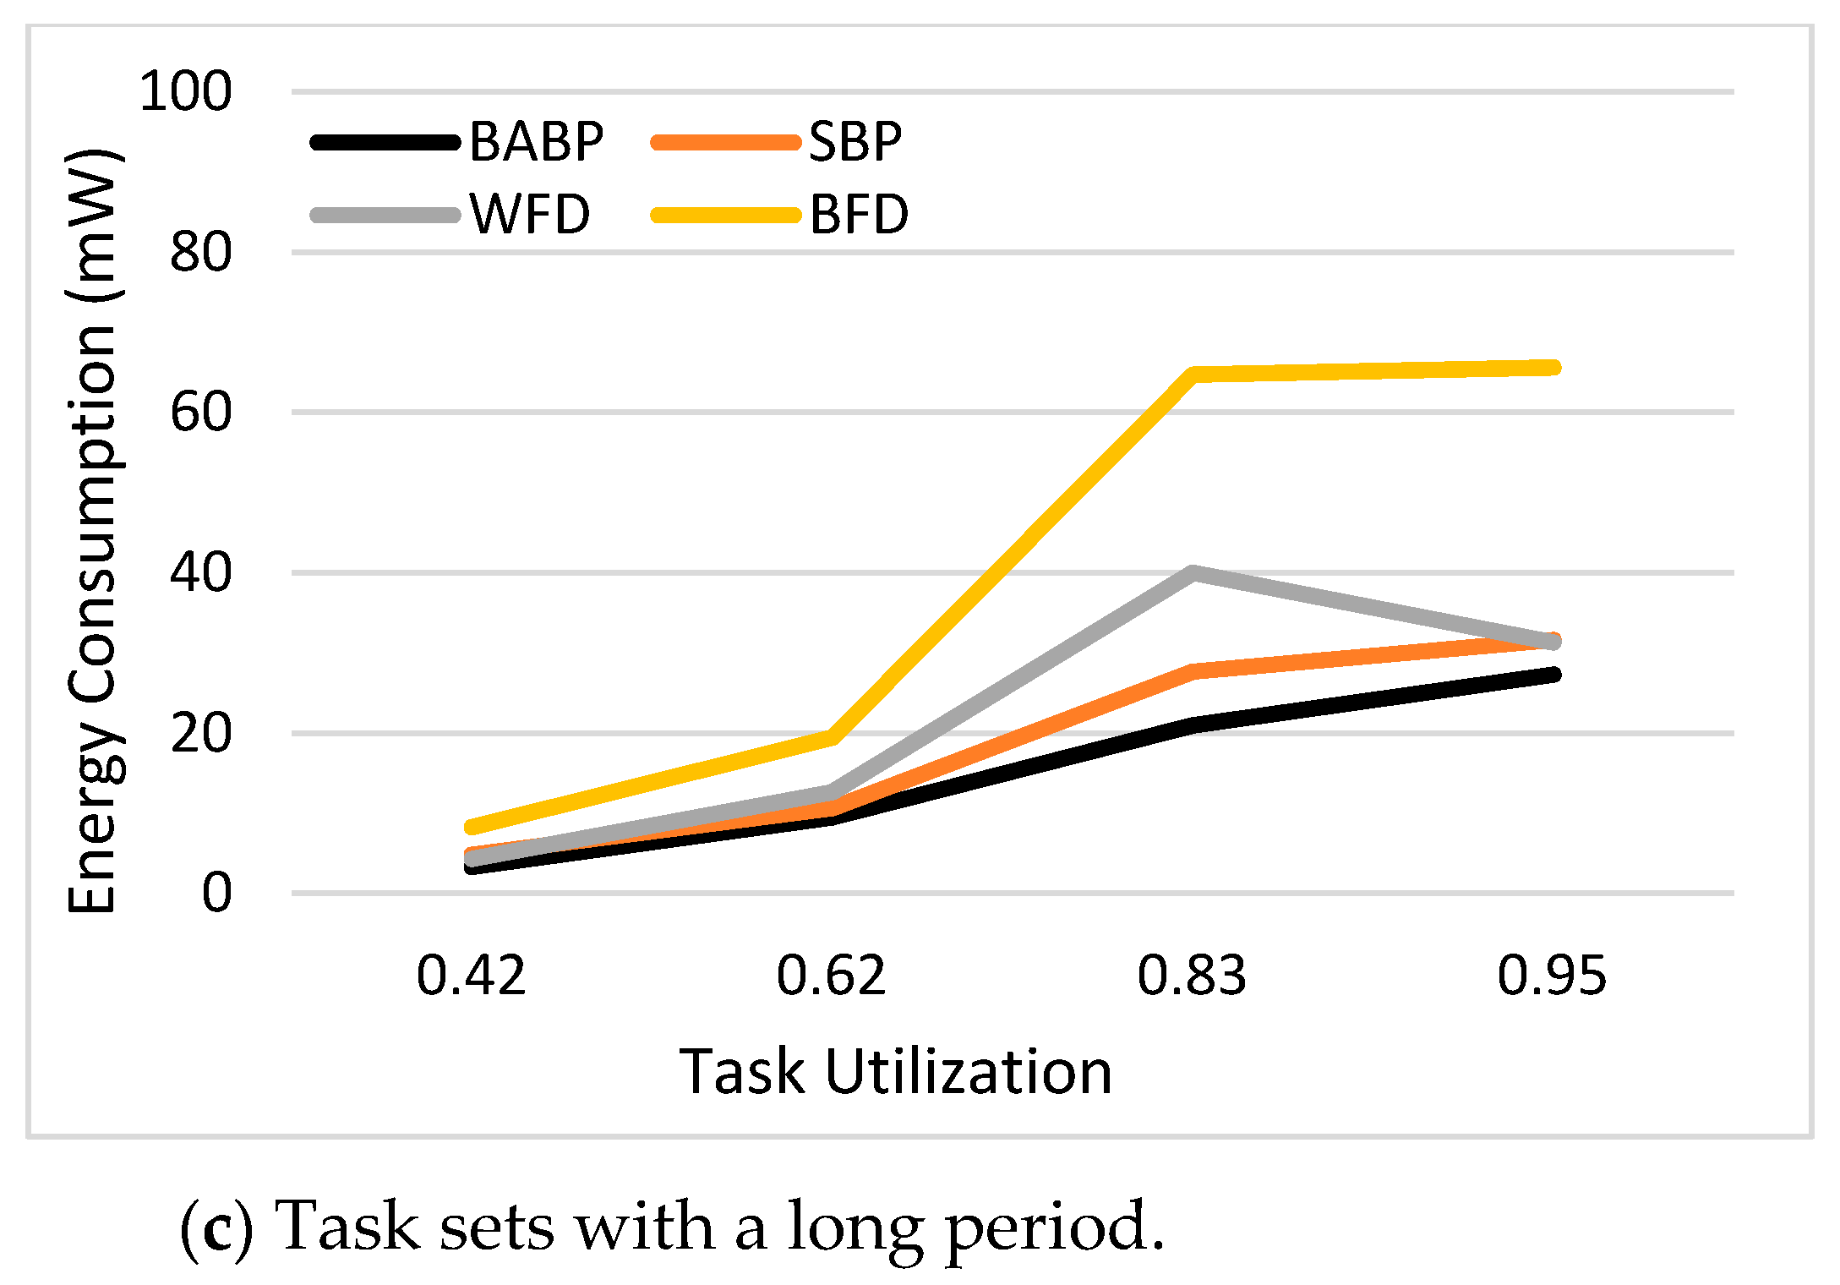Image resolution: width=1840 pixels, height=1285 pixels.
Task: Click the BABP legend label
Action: [536, 141]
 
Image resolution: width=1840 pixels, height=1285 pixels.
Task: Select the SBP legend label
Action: [854, 141]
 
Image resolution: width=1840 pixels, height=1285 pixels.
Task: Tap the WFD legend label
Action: [530, 214]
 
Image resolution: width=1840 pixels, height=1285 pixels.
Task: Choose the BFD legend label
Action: [859, 214]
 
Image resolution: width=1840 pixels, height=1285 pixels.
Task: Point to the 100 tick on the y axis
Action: [185, 91]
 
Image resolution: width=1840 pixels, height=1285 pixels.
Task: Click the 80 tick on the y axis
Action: [200, 252]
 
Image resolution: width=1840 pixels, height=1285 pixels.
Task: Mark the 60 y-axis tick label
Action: [200, 413]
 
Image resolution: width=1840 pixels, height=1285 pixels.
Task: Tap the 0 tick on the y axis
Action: [216, 893]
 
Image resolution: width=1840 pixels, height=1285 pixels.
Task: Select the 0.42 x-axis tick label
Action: [471, 975]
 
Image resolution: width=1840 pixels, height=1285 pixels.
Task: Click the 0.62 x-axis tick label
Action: [831, 975]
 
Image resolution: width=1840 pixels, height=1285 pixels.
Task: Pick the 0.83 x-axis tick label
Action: [1192, 975]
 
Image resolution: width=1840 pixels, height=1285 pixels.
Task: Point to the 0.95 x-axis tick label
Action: [1552, 975]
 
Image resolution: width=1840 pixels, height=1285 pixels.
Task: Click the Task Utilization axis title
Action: [895, 1072]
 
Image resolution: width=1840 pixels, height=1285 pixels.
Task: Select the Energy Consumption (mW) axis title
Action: [93, 531]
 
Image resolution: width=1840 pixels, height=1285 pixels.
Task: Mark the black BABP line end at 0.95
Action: [1552, 675]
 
